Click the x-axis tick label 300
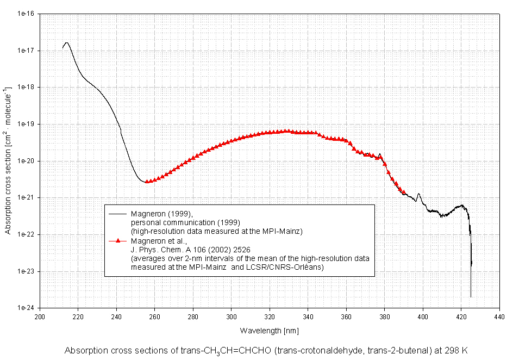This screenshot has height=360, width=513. click(x=232, y=316)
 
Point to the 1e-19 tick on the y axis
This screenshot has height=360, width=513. click(x=26, y=124)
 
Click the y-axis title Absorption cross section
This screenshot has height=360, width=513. click(x=8, y=160)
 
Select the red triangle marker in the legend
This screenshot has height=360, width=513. click(x=118, y=240)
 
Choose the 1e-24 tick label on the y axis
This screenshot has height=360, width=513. click(x=26, y=308)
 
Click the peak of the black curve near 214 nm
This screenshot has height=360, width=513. click(x=66, y=42)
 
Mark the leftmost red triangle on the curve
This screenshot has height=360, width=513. click(x=147, y=182)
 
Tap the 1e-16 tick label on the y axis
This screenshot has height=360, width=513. click(x=26, y=14)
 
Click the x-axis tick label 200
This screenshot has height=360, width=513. click(x=40, y=316)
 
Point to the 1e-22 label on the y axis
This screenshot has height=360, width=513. click(x=26, y=235)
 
